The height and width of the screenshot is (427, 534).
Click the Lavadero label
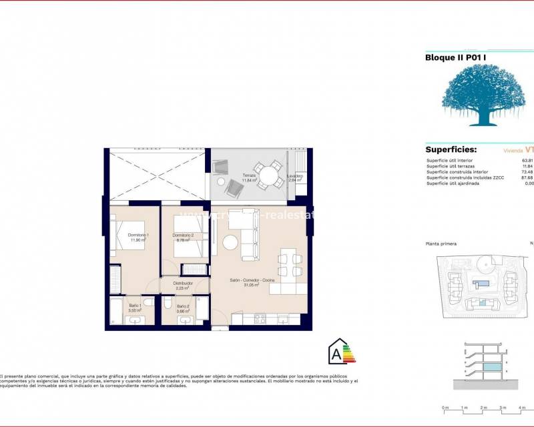(296, 177)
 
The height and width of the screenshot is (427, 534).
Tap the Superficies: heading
(451, 150)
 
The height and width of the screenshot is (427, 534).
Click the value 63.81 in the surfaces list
(527, 160)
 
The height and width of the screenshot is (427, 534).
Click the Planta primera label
(441, 244)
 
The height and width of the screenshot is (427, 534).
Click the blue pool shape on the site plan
(481, 283)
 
